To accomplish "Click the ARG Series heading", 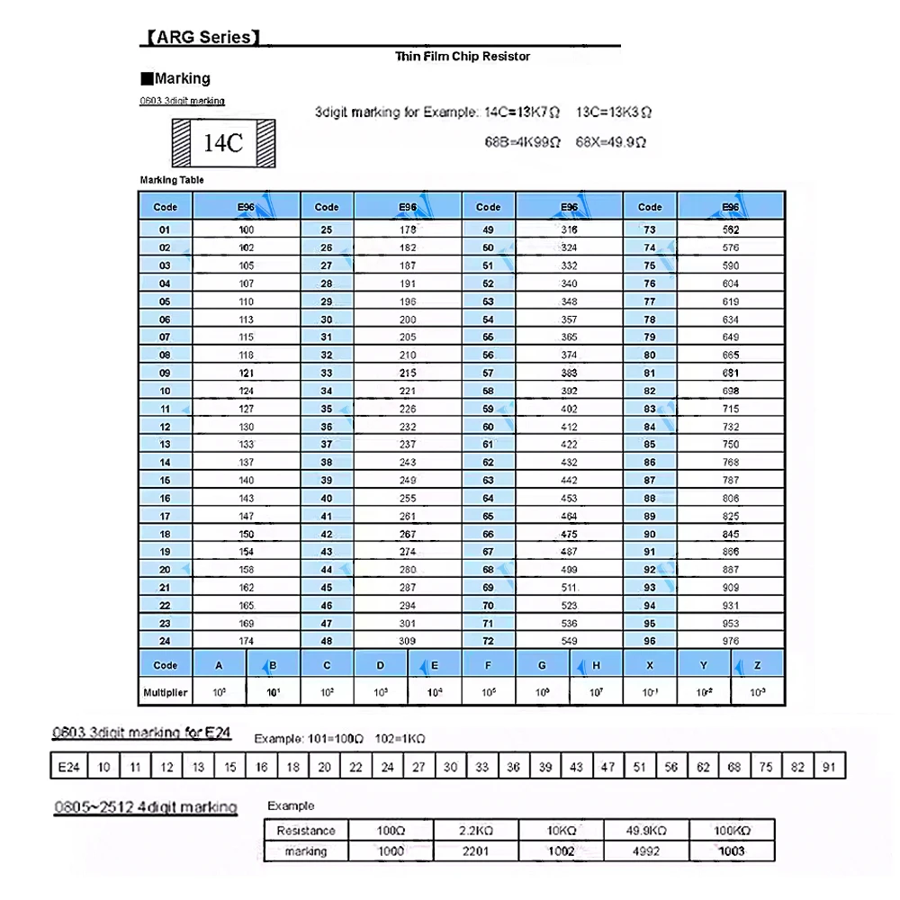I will [x=202, y=38].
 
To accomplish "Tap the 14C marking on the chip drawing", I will [x=223, y=143].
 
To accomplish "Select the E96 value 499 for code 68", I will [x=569, y=570].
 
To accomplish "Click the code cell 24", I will [x=165, y=641].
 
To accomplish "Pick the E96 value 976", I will [x=730, y=641].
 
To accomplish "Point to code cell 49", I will [x=489, y=229].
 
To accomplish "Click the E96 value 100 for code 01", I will [x=247, y=229].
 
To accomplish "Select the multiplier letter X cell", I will [x=650, y=665].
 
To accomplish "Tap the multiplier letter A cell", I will [x=219, y=665].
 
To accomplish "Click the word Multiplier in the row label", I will [x=165, y=693].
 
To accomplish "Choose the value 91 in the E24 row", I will [x=828, y=767].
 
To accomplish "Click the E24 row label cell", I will [x=68, y=767].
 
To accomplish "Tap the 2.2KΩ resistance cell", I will [x=474, y=831].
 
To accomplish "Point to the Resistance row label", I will [x=306, y=831].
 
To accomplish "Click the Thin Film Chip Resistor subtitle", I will [x=463, y=57].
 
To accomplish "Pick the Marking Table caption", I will [x=172, y=180].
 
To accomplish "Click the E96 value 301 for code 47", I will [x=408, y=623].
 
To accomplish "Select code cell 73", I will [x=650, y=229].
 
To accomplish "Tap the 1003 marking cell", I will [x=732, y=850].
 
